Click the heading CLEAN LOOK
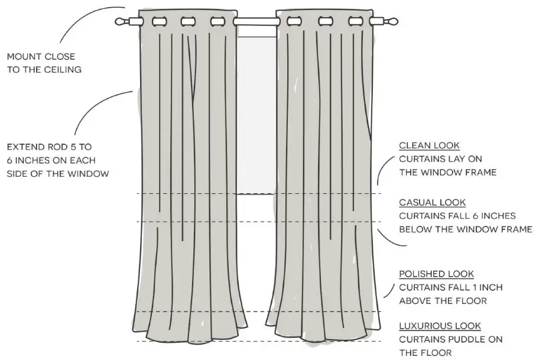point(429,145)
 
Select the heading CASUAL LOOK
point(432,203)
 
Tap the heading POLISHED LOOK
point(436,274)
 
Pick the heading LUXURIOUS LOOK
point(440,326)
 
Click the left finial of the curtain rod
point(122,22)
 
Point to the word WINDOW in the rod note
point(89,173)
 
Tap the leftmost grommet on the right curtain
point(294,22)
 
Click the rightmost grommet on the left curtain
point(217,22)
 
